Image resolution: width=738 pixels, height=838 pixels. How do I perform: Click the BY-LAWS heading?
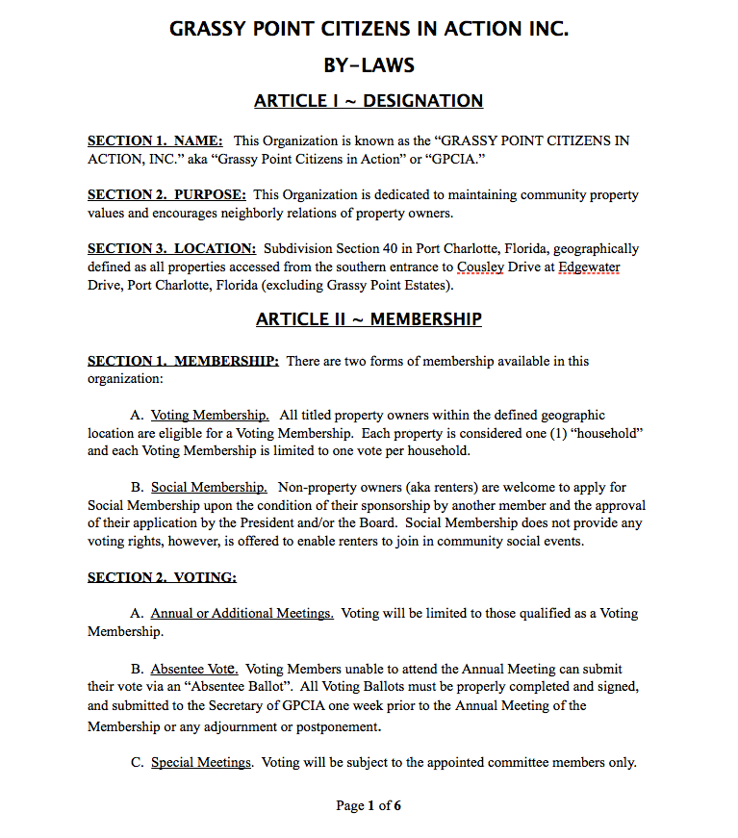[369, 65]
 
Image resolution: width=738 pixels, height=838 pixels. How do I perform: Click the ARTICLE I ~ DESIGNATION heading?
[369, 101]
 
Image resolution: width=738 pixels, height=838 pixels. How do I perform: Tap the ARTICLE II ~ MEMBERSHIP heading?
[369, 319]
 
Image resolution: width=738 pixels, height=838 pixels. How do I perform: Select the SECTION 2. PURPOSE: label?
[166, 194]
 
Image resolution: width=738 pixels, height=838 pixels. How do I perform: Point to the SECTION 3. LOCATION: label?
[171, 248]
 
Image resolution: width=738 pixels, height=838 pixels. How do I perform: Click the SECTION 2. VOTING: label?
[162, 577]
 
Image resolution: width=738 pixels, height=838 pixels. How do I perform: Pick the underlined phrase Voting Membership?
[210, 416]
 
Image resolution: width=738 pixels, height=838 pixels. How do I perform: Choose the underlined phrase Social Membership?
[209, 488]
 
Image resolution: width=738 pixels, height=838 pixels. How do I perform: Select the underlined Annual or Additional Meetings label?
[242, 614]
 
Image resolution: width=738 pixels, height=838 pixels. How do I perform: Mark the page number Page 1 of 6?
[369, 806]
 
